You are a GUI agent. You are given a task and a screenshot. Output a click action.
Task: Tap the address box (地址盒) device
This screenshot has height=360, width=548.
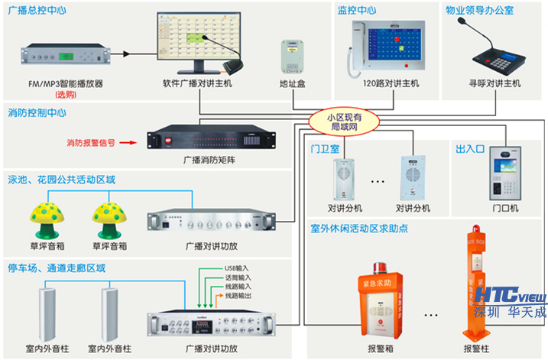292,55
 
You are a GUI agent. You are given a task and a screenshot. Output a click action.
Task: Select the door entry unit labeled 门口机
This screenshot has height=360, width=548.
506,177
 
